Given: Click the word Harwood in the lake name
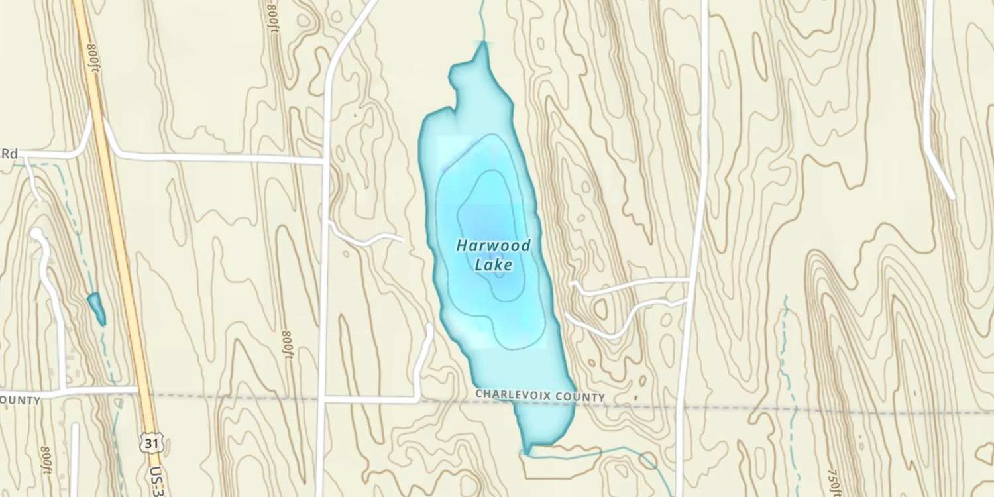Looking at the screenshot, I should (493, 246).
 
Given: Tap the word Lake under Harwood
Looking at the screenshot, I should (494, 265).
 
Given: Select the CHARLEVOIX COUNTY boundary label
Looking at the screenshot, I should (539, 396).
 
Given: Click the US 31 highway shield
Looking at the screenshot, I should (152, 443).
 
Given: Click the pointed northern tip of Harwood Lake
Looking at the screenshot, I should (483, 45).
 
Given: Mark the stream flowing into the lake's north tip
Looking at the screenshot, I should (482, 20).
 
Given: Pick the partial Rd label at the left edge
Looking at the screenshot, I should (9, 154).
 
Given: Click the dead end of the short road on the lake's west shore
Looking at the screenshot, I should (402, 239).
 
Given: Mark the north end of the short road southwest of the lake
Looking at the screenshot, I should (429, 327).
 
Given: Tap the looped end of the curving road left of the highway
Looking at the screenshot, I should (36, 234).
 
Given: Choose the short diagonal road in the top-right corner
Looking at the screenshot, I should (940, 172).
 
